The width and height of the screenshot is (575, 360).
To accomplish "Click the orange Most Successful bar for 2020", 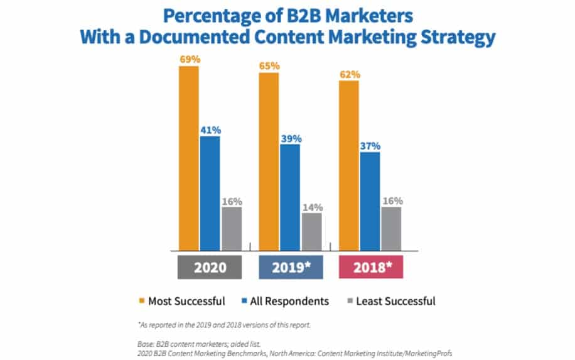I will (x=189, y=158).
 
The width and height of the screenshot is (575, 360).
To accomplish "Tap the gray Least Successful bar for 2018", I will (x=391, y=228).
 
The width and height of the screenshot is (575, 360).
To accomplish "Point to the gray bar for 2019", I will (x=311, y=231).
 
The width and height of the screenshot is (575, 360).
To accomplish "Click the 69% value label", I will (x=189, y=58).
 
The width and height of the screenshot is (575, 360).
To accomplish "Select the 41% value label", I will (x=210, y=129).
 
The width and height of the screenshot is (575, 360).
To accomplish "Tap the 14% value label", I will (x=312, y=207).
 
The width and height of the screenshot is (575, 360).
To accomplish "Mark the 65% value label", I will (x=269, y=65).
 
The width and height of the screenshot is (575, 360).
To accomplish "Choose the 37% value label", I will (x=370, y=146).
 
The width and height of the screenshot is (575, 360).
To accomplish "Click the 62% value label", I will (x=350, y=74).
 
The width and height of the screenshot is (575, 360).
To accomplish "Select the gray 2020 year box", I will (x=210, y=266).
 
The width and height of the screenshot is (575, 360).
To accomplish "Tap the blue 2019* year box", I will (x=290, y=266).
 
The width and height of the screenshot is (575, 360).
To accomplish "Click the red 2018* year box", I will (x=370, y=266).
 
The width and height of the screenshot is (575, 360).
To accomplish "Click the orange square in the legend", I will (x=141, y=301).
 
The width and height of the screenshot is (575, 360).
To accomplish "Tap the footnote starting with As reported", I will (x=222, y=324).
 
